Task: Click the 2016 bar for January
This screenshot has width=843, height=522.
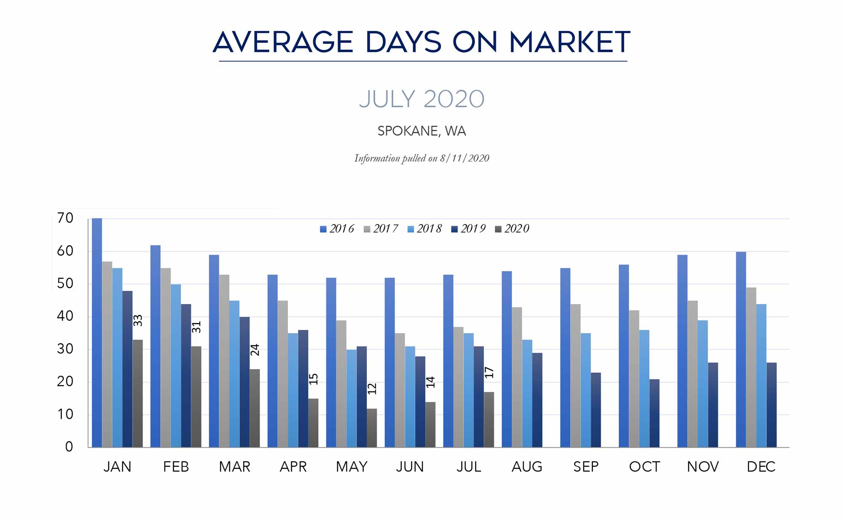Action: tap(97, 333)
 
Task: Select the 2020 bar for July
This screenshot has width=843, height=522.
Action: tap(489, 420)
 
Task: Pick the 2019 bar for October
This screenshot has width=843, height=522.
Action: tap(655, 413)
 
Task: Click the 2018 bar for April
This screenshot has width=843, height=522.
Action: tap(293, 390)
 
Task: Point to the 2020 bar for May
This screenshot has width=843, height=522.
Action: tap(372, 428)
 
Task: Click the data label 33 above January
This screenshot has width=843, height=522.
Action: tap(138, 321)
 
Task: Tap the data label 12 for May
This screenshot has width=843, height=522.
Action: tap(372, 389)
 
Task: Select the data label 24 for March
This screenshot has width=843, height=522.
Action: tap(255, 350)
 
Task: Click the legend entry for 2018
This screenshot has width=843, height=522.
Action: tap(425, 229)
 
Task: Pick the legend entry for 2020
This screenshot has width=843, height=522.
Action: tap(512, 229)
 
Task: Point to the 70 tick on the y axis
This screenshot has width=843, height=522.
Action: tap(65, 218)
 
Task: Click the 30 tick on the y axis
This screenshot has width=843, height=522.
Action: tap(65, 349)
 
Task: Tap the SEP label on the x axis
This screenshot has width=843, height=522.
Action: tap(586, 467)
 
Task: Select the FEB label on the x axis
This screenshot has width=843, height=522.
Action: tap(176, 467)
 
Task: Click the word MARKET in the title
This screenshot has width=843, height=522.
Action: tap(569, 42)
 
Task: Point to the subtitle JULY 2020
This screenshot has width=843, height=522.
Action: tap(421, 99)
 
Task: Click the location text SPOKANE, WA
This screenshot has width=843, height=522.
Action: tap(421, 131)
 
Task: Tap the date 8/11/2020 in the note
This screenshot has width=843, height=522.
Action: tap(464, 158)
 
